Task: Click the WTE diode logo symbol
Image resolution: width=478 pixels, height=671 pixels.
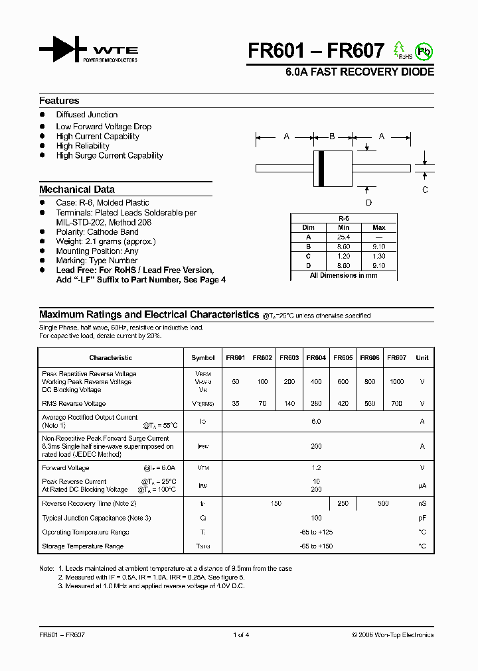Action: pos(63,50)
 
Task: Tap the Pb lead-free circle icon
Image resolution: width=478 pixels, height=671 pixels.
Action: pos(422,51)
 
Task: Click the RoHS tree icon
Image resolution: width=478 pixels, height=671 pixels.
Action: pos(400,50)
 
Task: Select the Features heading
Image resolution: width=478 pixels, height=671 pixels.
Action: pos(59,101)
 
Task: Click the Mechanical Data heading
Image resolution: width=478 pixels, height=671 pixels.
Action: pos(77,189)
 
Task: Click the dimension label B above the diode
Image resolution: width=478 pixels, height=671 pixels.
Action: pos(332,137)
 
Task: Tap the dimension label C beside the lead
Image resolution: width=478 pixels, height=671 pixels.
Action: pos(426,190)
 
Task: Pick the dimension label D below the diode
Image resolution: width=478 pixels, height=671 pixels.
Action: pos(369,203)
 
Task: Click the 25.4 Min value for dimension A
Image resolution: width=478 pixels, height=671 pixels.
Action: pos(344,237)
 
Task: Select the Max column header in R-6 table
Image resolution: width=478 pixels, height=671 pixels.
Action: pos(379,227)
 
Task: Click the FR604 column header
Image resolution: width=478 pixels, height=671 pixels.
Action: pos(316,358)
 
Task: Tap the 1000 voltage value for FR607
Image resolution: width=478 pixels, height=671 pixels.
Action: pos(396,382)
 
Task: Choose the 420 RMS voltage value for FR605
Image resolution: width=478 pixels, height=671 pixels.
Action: pos(343,403)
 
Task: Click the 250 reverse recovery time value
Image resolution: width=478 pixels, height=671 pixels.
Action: pos(343,504)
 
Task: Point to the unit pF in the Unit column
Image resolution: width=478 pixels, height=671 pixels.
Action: pos(422,518)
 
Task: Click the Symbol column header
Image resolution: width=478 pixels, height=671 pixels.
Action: pos(203,358)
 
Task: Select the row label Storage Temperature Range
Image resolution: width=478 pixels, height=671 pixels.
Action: pos(82,546)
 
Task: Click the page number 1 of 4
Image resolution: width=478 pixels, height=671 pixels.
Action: pos(241,635)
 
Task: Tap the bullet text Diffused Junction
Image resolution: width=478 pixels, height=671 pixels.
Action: pos(87,115)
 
